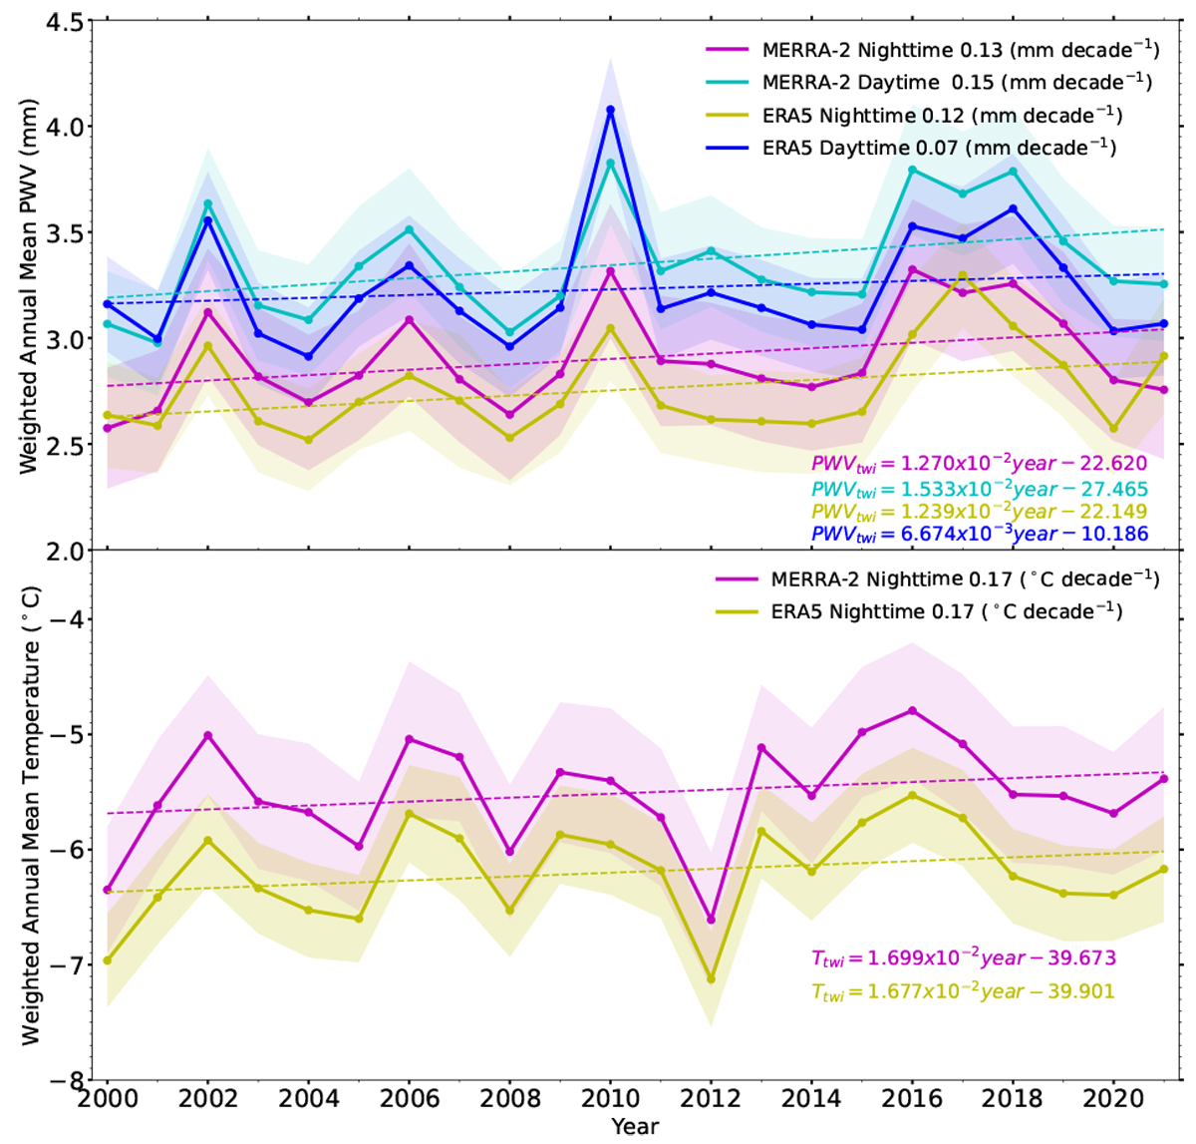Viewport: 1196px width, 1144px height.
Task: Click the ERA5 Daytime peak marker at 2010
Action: (610, 110)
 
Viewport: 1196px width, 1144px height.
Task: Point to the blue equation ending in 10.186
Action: (980, 535)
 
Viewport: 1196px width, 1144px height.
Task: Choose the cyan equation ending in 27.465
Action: (980, 490)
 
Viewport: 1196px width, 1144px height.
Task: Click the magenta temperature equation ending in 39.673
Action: (963, 958)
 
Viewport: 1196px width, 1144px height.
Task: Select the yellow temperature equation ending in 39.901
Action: (963, 991)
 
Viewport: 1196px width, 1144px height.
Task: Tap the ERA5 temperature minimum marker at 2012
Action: (711, 978)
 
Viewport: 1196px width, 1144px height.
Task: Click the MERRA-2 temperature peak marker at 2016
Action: (912, 710)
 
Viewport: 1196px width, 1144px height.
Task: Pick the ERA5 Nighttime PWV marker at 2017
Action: (963, 275)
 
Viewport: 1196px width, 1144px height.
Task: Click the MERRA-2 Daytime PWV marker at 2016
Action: (912, 170)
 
